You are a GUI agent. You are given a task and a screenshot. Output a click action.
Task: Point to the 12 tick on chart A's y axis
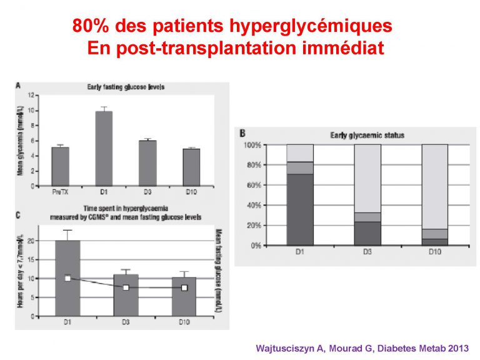[x=32, y=96]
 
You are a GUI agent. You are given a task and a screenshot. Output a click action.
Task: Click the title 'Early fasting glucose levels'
[x=125, y=87]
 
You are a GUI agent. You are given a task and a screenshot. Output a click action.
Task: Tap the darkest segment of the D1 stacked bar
[x=300, y=209]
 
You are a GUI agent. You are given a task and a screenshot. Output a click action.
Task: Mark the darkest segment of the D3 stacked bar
[x=367, y=233]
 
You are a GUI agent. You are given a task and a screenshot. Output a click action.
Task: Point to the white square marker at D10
[x=184, y=287]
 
